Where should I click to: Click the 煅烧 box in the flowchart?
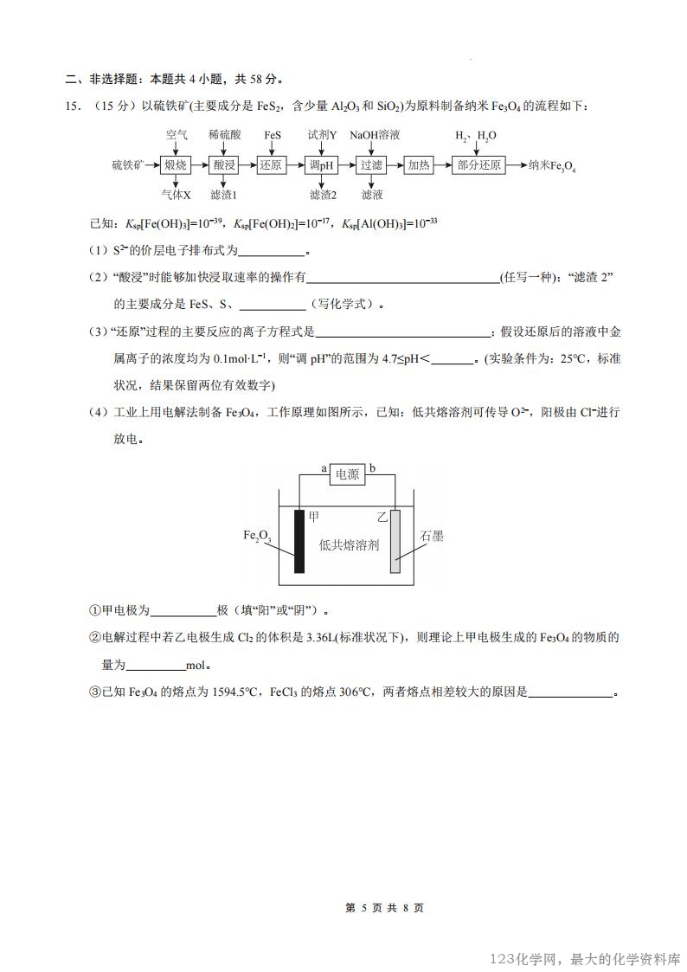coord(176,164)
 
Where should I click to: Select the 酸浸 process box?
coord(224,164)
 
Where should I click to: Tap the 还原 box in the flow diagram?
coord(273,164)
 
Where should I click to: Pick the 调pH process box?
coord(322,164)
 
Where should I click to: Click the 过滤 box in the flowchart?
coord(372,164)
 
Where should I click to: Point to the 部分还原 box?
coord(477,164)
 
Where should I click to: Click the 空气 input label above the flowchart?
coord(177,135)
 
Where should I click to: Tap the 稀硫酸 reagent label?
coord(224,135)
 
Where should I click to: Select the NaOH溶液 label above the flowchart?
coord(375,135)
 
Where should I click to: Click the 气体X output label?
coord(176,195)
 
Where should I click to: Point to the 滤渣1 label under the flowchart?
coord(223,195)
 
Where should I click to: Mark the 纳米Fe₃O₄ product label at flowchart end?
coord(552,165)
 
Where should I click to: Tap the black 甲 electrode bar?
coord(299,541)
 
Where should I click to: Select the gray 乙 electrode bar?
coord(395,541)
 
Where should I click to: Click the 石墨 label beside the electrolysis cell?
coord(432,537)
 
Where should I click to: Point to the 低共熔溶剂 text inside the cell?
coord(349,545)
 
